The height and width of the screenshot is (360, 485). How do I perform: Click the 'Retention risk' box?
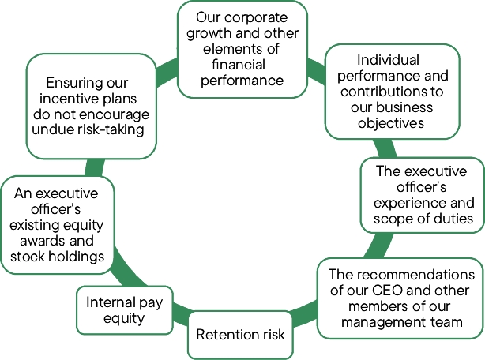pyautogui.click(x=240, y=334)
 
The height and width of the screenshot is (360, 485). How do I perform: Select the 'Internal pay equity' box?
pyautogui.click(x=125, y=311)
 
